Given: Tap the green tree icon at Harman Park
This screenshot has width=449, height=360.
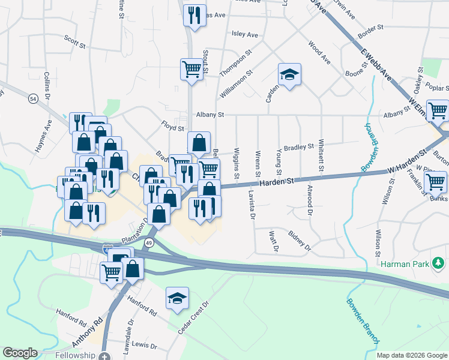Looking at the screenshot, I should point(439,263).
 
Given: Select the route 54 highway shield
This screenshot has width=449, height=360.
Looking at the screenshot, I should point(33,98).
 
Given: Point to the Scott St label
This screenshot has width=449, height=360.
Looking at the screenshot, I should point(75,40).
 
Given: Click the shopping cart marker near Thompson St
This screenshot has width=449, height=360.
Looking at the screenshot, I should point(191,69).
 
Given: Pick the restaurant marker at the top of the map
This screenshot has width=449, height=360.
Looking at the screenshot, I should point(194,15).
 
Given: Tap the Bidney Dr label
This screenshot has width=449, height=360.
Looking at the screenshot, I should point(300,240).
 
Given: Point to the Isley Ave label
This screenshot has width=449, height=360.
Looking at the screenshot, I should point(244,35).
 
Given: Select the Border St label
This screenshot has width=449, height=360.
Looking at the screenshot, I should point(370,28).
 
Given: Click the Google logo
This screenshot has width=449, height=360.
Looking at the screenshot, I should point(20,353).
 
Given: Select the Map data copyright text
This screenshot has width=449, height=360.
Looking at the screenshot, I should point(412,355).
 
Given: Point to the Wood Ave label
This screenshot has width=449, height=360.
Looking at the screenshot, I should point(319,52).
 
